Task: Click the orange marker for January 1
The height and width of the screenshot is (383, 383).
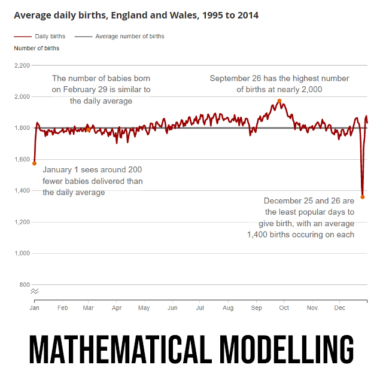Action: (x=35, y=163)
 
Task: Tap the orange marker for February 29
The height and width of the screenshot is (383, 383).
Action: (x=88, y=129)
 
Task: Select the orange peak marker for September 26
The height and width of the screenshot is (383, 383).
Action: (x=279, y=101)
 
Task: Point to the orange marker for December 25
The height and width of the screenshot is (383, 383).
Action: (x=363, y=197)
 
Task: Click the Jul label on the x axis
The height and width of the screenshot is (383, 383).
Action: (x=200, y=308)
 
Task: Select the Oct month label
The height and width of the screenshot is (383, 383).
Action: (x=284, y=308)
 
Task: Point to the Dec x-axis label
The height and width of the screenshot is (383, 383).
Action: (x=340, y=308)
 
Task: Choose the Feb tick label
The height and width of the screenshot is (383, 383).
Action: (x=62, y=308)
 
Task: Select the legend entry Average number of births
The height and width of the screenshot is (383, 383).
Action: (x=129, y=37)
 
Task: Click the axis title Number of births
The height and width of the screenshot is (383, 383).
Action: (x=37, y=48)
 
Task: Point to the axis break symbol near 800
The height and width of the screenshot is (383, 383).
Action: (x=35, y=291)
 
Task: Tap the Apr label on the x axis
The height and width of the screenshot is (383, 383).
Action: (x=117, y=308)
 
